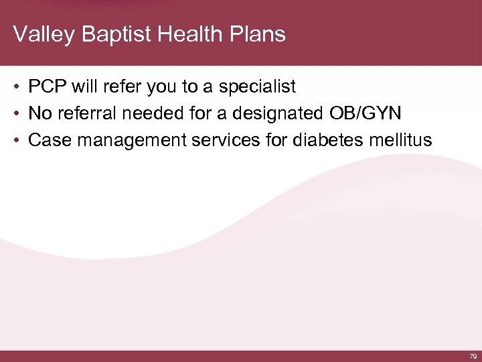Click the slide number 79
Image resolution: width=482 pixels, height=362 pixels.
pyautogui.click(x=473, y=357)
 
